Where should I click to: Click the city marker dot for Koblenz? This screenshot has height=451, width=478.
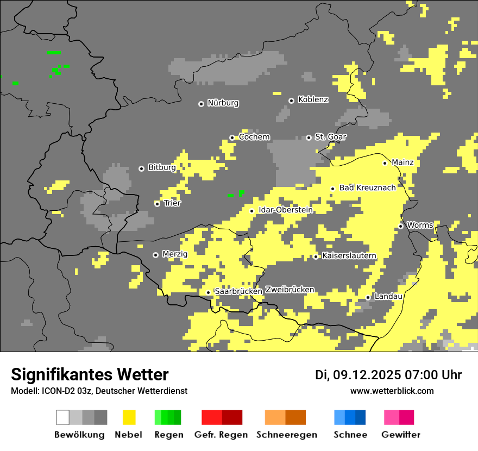(291, 101)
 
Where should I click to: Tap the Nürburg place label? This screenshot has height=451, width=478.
(223, 103)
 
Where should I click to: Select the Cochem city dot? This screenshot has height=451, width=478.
(232, 137)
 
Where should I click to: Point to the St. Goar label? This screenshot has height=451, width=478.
(330, 137)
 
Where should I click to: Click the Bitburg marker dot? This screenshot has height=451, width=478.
(141, 168)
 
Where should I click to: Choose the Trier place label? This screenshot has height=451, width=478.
(172, 203)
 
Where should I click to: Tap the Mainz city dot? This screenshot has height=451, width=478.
(385, 163)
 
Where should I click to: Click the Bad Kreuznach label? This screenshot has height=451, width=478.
(367, 188)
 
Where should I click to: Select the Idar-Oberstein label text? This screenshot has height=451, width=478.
(285, 210)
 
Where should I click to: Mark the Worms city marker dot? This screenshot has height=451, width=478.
(400, 226)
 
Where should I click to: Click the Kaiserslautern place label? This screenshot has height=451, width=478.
(349, 256)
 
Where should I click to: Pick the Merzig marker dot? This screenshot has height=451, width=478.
(155, 255)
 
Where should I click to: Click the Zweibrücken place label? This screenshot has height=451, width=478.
(290, 290)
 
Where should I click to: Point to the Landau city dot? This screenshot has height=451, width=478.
(368, 297)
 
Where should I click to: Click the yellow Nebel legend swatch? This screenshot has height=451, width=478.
(129, 417)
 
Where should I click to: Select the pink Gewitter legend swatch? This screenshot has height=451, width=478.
(399, 417)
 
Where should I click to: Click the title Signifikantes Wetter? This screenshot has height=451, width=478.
(90, 374)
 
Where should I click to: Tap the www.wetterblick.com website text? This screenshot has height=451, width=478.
(392, 391)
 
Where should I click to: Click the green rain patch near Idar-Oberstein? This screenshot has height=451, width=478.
(240, 193)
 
